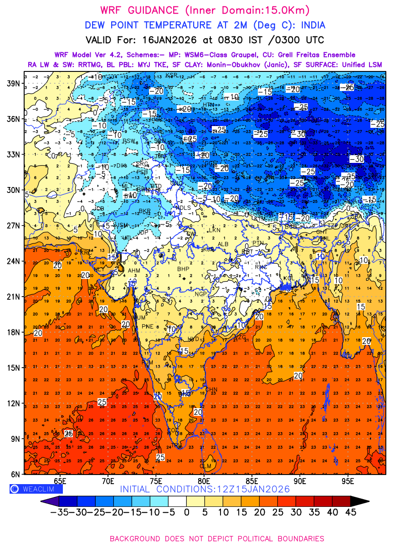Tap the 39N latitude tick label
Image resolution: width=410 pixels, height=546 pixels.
coord(13,83)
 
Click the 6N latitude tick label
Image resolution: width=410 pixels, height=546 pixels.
coord(15,474)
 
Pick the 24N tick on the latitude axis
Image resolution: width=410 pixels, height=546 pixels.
coord(13,261)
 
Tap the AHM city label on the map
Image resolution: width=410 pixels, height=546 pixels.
coord(134,271)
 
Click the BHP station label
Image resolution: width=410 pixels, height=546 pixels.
coord(183,269)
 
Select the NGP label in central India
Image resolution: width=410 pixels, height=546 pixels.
coord(201,294)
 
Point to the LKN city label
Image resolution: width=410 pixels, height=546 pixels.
coord(214,230)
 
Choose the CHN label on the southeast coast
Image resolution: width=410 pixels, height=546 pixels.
coord(212,389)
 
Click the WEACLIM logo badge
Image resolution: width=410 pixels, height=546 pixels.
coord(36,489)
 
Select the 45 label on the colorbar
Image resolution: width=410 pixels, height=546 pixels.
coord(350,513)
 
